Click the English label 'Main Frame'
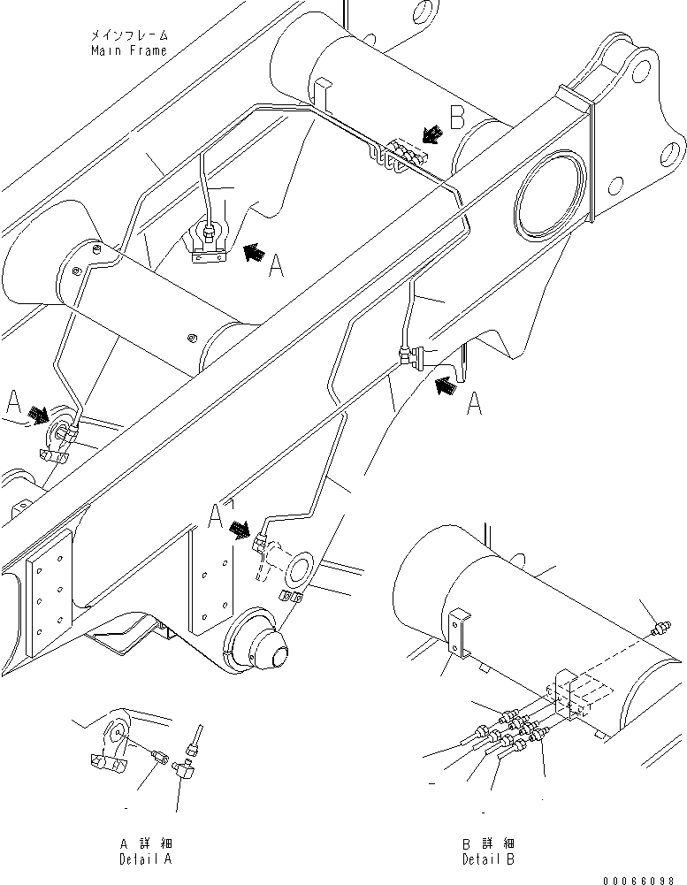(x=128, y=50)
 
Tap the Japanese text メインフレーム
(x=128, y=35)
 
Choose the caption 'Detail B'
(x=487, y=858)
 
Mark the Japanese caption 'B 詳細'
(x=487, y=843)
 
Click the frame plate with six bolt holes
(x=45, y=595)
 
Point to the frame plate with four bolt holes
(x=210, y=584)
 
